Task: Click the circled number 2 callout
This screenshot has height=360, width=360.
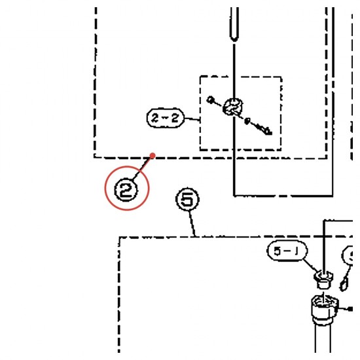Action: pos(126,190)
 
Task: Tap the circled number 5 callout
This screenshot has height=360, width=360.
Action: pos(187,199)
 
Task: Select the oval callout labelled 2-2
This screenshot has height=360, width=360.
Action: pos(166,118)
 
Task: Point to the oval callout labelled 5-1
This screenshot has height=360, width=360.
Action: pos(287,251)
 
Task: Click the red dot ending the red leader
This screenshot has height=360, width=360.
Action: pos(153,156)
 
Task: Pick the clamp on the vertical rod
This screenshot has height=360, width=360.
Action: pos(233,107)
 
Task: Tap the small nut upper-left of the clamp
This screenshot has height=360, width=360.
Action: pos(210,100)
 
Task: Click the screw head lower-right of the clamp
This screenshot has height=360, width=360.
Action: pos(266,130)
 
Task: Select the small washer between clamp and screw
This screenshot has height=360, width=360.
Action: pos(247,121)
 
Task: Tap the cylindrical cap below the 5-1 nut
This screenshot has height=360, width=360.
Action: pos(325,308)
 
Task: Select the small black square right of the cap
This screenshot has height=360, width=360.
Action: pos(350,309)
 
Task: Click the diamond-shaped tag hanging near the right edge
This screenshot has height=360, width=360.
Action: pos(344,285)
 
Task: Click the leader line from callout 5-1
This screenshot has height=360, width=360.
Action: pos(310,266)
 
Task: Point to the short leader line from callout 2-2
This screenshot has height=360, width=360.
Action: pos(192,119)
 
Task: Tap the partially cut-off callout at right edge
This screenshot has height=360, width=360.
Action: pos(348,255)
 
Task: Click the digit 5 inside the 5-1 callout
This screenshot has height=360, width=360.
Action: pos(278,251)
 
